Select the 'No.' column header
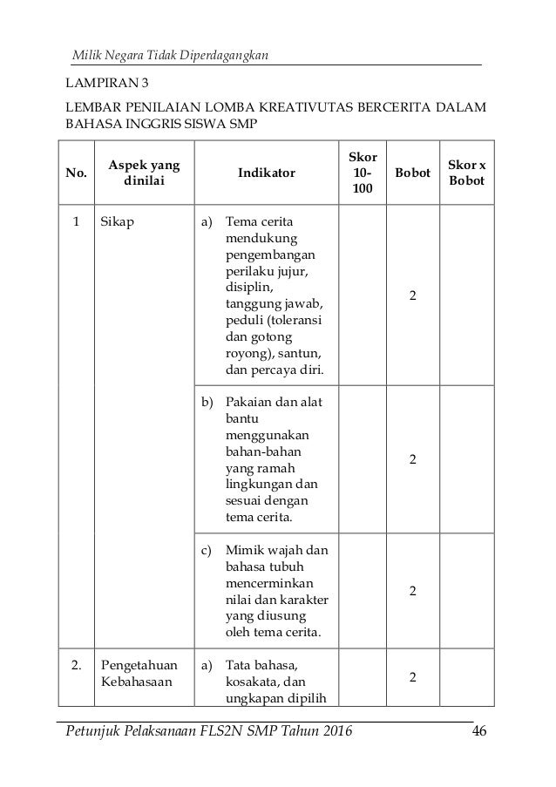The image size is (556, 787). (77, 173)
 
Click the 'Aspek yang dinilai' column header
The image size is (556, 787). (139, 173)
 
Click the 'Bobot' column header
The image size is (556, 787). (412, 173)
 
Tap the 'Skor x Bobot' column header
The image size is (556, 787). (467, 173)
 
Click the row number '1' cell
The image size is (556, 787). (77, 222)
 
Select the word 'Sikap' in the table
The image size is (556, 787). (117, 222)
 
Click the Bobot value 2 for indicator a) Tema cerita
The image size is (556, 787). (412, 295)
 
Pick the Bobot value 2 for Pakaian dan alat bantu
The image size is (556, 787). (412, 458)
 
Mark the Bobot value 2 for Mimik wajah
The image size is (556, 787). (412, 591)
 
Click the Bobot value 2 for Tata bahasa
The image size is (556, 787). (412, 677)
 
